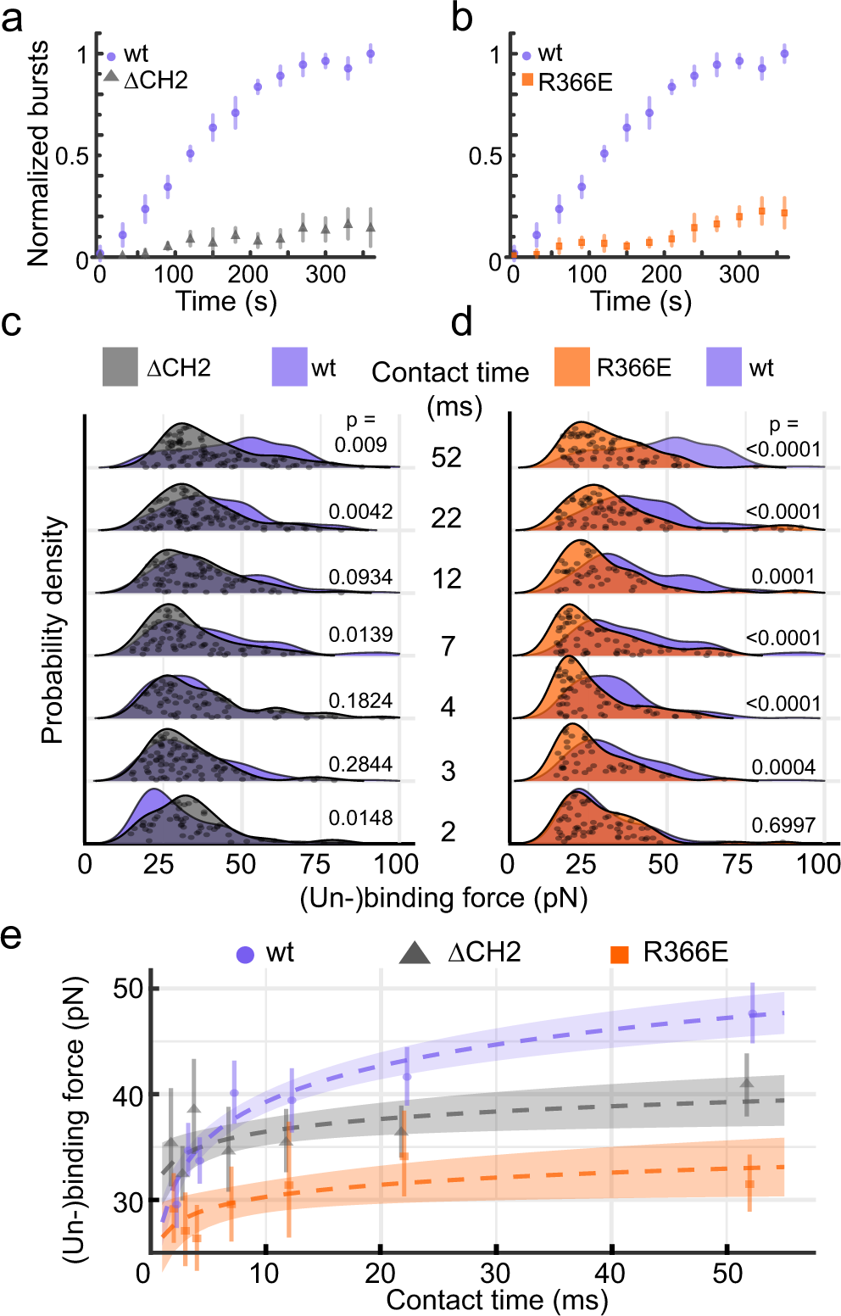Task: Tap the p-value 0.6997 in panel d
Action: [783, 825]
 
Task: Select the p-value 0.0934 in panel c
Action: [360, 577]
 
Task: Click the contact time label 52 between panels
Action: [446, 458]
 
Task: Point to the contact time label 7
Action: [448, 647]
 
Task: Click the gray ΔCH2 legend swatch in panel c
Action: [120, 367]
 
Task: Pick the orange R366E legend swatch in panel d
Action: [571, 367]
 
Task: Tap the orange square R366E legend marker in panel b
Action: [527, 80]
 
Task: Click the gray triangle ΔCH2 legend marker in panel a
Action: [111, 76]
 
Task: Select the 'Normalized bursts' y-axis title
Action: [38, 153]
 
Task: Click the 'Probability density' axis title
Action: [53, 631]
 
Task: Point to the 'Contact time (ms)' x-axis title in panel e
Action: [497, 1300]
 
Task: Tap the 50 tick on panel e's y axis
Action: [129, 989]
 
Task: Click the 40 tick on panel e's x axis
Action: [610, 1273]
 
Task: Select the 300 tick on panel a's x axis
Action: [326, 275]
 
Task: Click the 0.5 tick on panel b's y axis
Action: [485, 156]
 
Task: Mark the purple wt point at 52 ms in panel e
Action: [752, 1014]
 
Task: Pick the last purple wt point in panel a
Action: [370, 54]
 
